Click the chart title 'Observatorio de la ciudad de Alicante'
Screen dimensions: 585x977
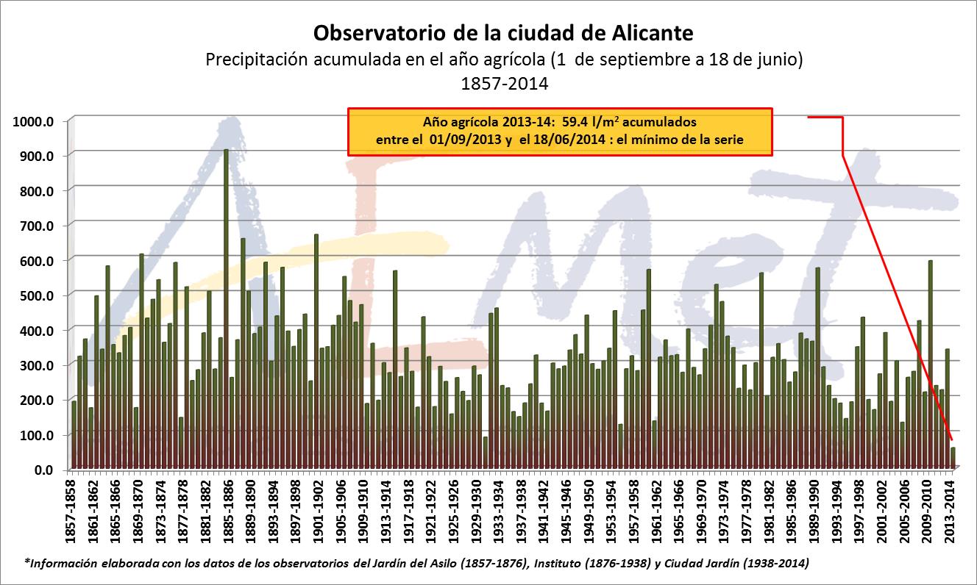(x=503, y=34)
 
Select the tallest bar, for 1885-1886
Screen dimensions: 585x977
(x=226, y=309)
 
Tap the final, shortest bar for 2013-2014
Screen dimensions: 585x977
(x=953, y=459)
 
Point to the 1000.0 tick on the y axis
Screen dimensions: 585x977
(x=34, y=121)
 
